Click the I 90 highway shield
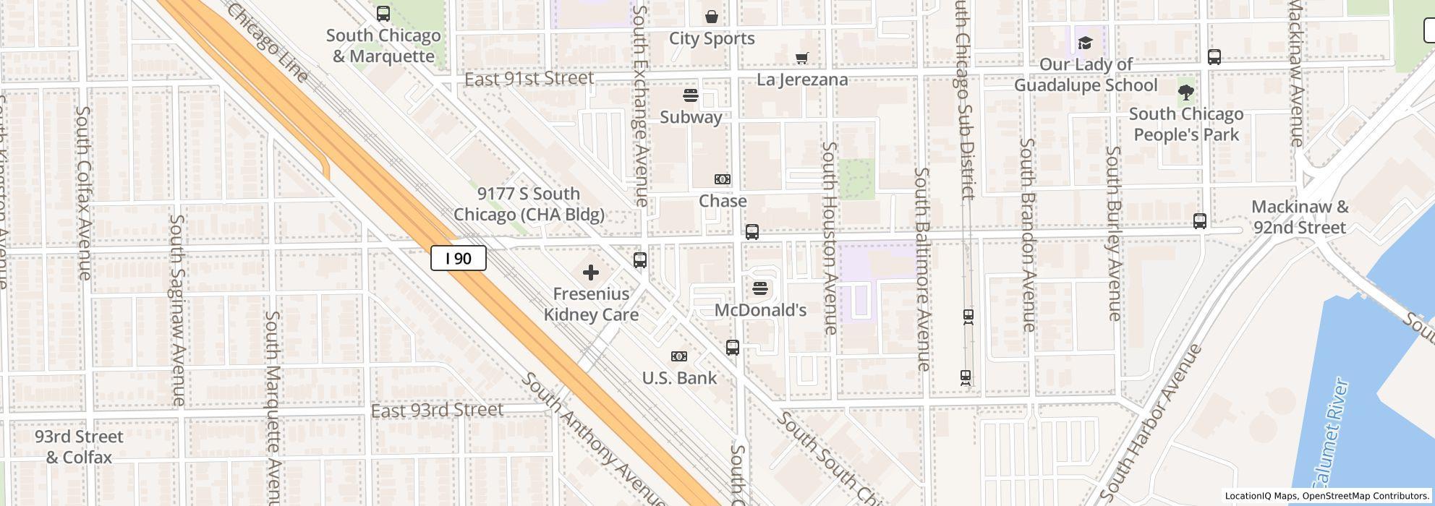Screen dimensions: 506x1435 [459, 258]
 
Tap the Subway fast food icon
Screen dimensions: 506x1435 [691, 95]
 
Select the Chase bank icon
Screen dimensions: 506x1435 [722, 179]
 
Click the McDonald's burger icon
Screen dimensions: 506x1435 [759, 288]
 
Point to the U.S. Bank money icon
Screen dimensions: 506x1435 [678, 356]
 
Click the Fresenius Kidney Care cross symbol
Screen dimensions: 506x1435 [591, 273]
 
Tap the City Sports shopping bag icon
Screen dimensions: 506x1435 [712, 17]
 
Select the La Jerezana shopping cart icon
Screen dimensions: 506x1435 [801, 58]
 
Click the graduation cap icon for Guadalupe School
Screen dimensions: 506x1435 [1085, 43]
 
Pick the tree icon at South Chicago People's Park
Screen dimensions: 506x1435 [1185, 93]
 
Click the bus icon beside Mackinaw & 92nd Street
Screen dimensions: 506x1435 [1200, 221]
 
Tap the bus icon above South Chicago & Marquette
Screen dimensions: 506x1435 [383, 14]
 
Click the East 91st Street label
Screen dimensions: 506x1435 [529, 78]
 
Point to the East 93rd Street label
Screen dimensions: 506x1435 [437, 411]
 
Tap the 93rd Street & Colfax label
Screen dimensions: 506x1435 [79, 447]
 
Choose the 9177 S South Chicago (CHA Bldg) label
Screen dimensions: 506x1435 [529, 204]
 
